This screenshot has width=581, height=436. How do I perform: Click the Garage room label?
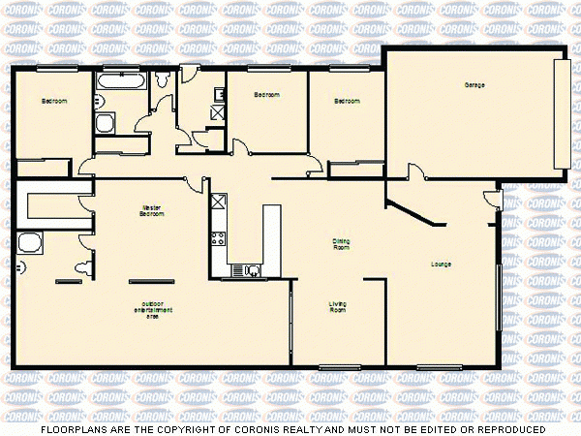[474, 85]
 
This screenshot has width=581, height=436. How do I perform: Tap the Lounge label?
[442, 264]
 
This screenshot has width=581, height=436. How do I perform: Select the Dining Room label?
[341, 244]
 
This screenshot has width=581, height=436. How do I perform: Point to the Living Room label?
[338, 306]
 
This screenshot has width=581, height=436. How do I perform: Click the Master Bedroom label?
[151, 210]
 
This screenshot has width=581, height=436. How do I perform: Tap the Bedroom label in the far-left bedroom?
[53, 101]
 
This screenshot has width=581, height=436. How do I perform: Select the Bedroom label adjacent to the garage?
[346, 101]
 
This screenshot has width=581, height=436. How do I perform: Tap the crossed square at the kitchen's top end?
[218, 202]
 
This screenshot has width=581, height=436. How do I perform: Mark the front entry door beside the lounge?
[493, 201]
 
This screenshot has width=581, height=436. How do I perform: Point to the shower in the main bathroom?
[105, 122]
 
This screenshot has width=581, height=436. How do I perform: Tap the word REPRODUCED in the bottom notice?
[509, 428]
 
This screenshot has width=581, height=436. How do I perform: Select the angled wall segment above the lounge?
[412, 212]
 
